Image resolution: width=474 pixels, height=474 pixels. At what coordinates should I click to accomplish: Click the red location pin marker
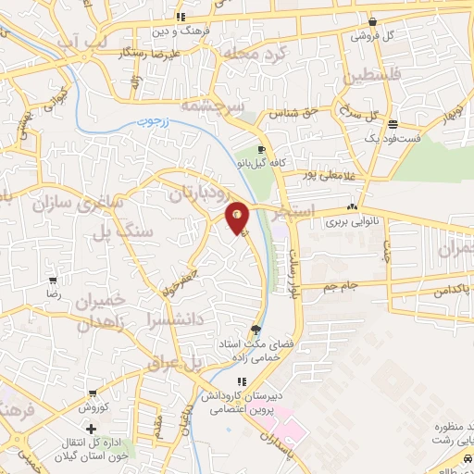[239, 217]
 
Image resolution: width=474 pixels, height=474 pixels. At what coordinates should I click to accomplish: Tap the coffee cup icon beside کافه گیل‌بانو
[262, 149]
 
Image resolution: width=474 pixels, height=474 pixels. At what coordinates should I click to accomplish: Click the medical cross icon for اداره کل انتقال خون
[91, 429]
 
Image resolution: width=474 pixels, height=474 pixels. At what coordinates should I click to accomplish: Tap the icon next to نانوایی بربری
[352, 207]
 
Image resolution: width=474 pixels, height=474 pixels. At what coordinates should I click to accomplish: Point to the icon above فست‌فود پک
[393, 124]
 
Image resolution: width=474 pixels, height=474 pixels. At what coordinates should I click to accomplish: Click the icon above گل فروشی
[371, 22]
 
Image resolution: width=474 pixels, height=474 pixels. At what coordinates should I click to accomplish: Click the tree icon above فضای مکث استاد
[256, 329]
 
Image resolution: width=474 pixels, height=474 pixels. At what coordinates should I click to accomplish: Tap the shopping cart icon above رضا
[54, 281]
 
